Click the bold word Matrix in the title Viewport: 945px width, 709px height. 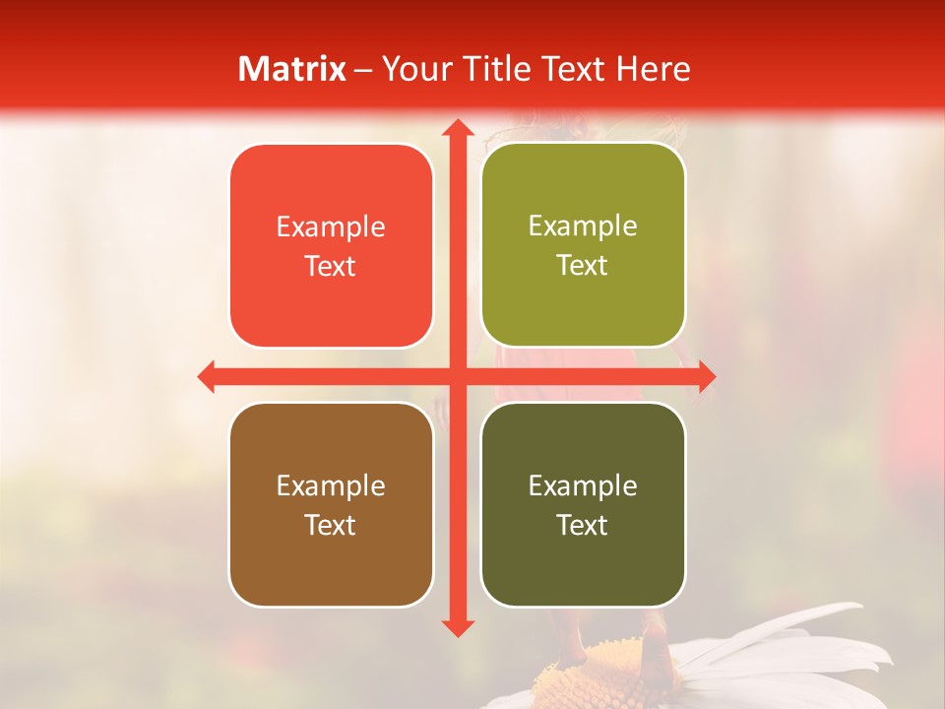(291, 69)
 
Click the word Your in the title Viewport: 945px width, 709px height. (412, 69)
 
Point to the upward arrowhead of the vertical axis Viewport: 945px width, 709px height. (457, 129)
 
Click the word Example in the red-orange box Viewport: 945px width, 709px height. (331, 227)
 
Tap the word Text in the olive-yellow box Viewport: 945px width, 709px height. (583, 266)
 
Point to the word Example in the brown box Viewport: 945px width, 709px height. (331, 486)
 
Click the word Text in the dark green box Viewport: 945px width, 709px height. (583, 525)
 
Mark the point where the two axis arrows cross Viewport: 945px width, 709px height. (457, 376)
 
